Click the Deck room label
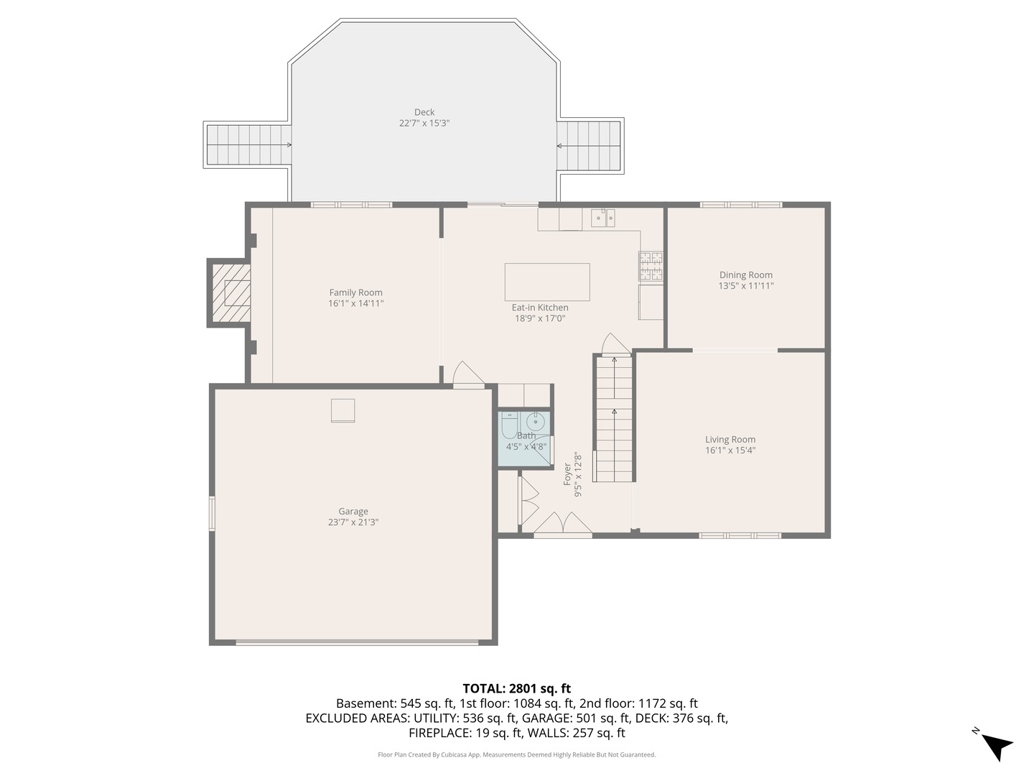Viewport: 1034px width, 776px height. [424, 112]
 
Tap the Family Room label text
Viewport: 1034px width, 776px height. [355, 292]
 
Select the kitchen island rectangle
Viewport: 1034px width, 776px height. [547, 282]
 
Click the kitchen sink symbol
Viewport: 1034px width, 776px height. [603, 218]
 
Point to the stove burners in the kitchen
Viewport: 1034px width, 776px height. [651, 266]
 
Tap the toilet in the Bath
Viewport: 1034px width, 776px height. [509, 425]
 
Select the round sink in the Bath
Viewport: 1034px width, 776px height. [536, 420]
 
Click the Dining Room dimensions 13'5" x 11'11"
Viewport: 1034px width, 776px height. [746, 286]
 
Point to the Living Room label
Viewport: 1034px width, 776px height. [730, 439]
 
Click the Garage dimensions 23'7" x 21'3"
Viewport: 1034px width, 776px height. [353, 522]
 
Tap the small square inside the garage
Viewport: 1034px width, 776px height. [343, 410]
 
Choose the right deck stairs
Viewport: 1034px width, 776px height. [589, 145]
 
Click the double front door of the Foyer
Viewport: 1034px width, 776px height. [563, 526]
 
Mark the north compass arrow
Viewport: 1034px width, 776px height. [996, 745]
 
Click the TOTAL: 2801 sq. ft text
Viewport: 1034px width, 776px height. [516, 688]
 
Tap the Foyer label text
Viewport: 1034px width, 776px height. [567, 474]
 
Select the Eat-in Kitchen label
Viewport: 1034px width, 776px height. [540, 308]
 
